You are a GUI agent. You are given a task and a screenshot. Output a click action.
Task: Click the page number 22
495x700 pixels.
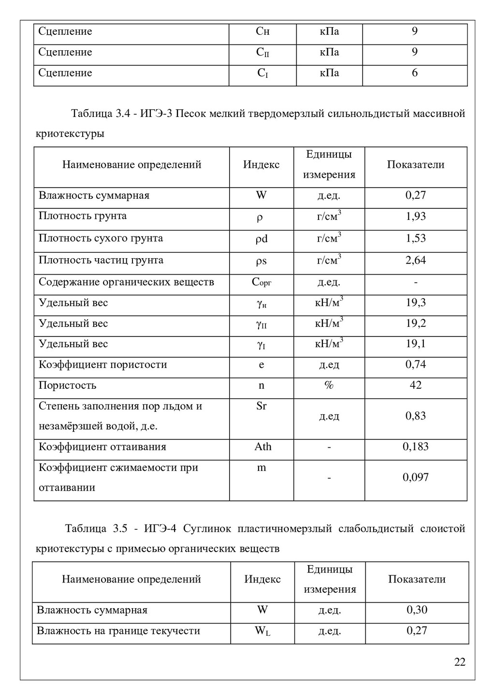(x=460, y=662)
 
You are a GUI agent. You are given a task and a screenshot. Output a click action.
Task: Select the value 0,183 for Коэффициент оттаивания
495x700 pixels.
(x=416, y=447)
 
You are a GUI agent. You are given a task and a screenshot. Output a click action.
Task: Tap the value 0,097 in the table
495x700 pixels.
(x=416, y=478)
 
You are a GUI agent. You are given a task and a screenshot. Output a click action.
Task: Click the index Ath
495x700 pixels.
(x=262, y=447)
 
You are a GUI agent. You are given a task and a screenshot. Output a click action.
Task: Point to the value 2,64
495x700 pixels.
(x=416, y=260)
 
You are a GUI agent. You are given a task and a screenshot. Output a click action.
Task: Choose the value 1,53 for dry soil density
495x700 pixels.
(x=416, y=238)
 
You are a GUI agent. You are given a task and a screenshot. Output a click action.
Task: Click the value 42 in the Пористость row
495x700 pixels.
(x=416, y=385)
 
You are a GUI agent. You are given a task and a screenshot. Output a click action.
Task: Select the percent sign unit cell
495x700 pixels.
(x=329, y=385)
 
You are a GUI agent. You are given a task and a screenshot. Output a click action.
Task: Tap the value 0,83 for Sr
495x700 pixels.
(x=416, y=416)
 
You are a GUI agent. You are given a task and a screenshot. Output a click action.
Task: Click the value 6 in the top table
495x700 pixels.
(x=415, y=73)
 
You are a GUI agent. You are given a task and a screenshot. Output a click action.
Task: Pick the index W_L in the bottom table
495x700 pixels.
(x=262, y=631)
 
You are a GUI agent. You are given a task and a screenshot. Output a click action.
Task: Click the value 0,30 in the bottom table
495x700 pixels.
(x=417, y=610)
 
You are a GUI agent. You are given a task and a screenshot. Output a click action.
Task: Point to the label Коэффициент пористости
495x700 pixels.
(x=103, y=365)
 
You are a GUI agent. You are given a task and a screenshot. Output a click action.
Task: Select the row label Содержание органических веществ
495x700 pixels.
(x=126, y=282)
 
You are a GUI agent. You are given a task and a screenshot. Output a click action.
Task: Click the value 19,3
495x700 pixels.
(x=416, y=303)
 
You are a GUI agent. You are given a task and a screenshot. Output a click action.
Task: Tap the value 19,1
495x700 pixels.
(x=416, y=344)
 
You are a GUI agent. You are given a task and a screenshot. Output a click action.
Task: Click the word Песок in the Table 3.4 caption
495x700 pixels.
(x=190, y=114)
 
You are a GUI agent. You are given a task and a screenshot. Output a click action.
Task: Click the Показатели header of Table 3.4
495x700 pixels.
(x=416, y=165)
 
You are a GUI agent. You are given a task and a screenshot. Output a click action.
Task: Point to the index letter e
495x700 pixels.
(x=262, y=365)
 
